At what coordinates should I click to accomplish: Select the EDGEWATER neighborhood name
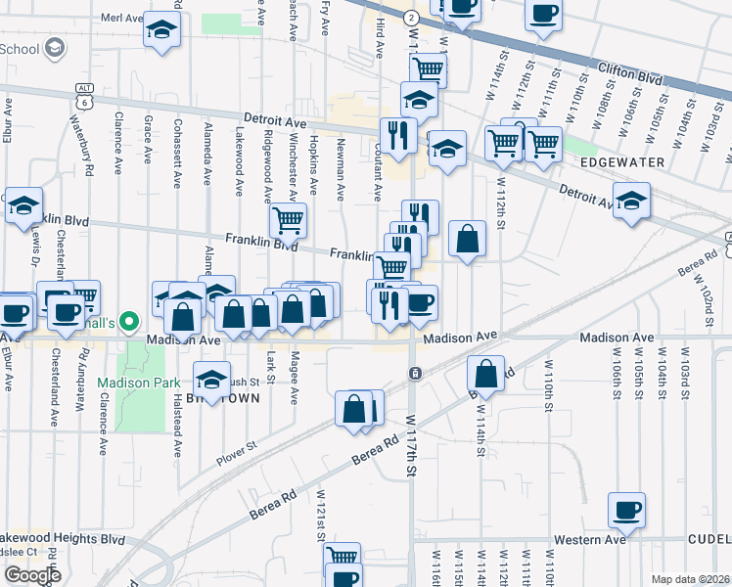pos(622,161)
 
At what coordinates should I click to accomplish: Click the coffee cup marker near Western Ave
pos(626,510)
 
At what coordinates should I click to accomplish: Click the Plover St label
pos(237,446)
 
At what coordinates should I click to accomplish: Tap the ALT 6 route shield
pos(81,95)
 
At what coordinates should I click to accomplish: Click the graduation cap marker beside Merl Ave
pos(161,30)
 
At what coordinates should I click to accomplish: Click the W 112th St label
pos(500,201)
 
